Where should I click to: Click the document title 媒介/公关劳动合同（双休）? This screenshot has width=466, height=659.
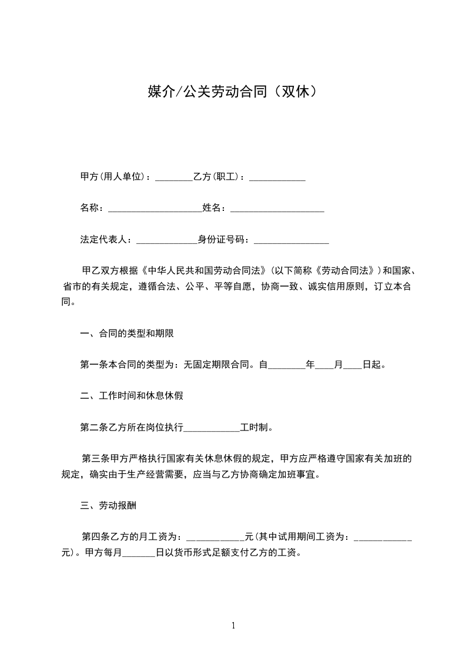233,92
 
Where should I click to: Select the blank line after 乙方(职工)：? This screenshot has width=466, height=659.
277,177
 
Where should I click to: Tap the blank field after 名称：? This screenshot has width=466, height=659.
155,209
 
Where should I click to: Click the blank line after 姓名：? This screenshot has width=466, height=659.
277,209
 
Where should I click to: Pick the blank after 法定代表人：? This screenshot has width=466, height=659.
167,240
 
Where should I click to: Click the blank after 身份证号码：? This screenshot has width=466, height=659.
291,240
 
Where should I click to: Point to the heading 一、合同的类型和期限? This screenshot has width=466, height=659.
127,334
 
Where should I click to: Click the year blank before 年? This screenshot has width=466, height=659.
287,365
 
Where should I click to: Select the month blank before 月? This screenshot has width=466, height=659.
324,365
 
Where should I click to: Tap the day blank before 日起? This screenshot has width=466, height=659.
352,365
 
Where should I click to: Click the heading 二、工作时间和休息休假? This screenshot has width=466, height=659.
132,396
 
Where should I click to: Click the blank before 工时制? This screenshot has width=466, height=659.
212,428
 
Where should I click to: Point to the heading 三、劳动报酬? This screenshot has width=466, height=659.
109,505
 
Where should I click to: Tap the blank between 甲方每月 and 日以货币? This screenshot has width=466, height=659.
139,553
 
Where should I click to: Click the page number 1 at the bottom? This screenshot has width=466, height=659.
233,626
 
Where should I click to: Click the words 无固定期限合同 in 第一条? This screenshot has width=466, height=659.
217,365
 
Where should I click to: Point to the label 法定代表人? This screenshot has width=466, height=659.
103,240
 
